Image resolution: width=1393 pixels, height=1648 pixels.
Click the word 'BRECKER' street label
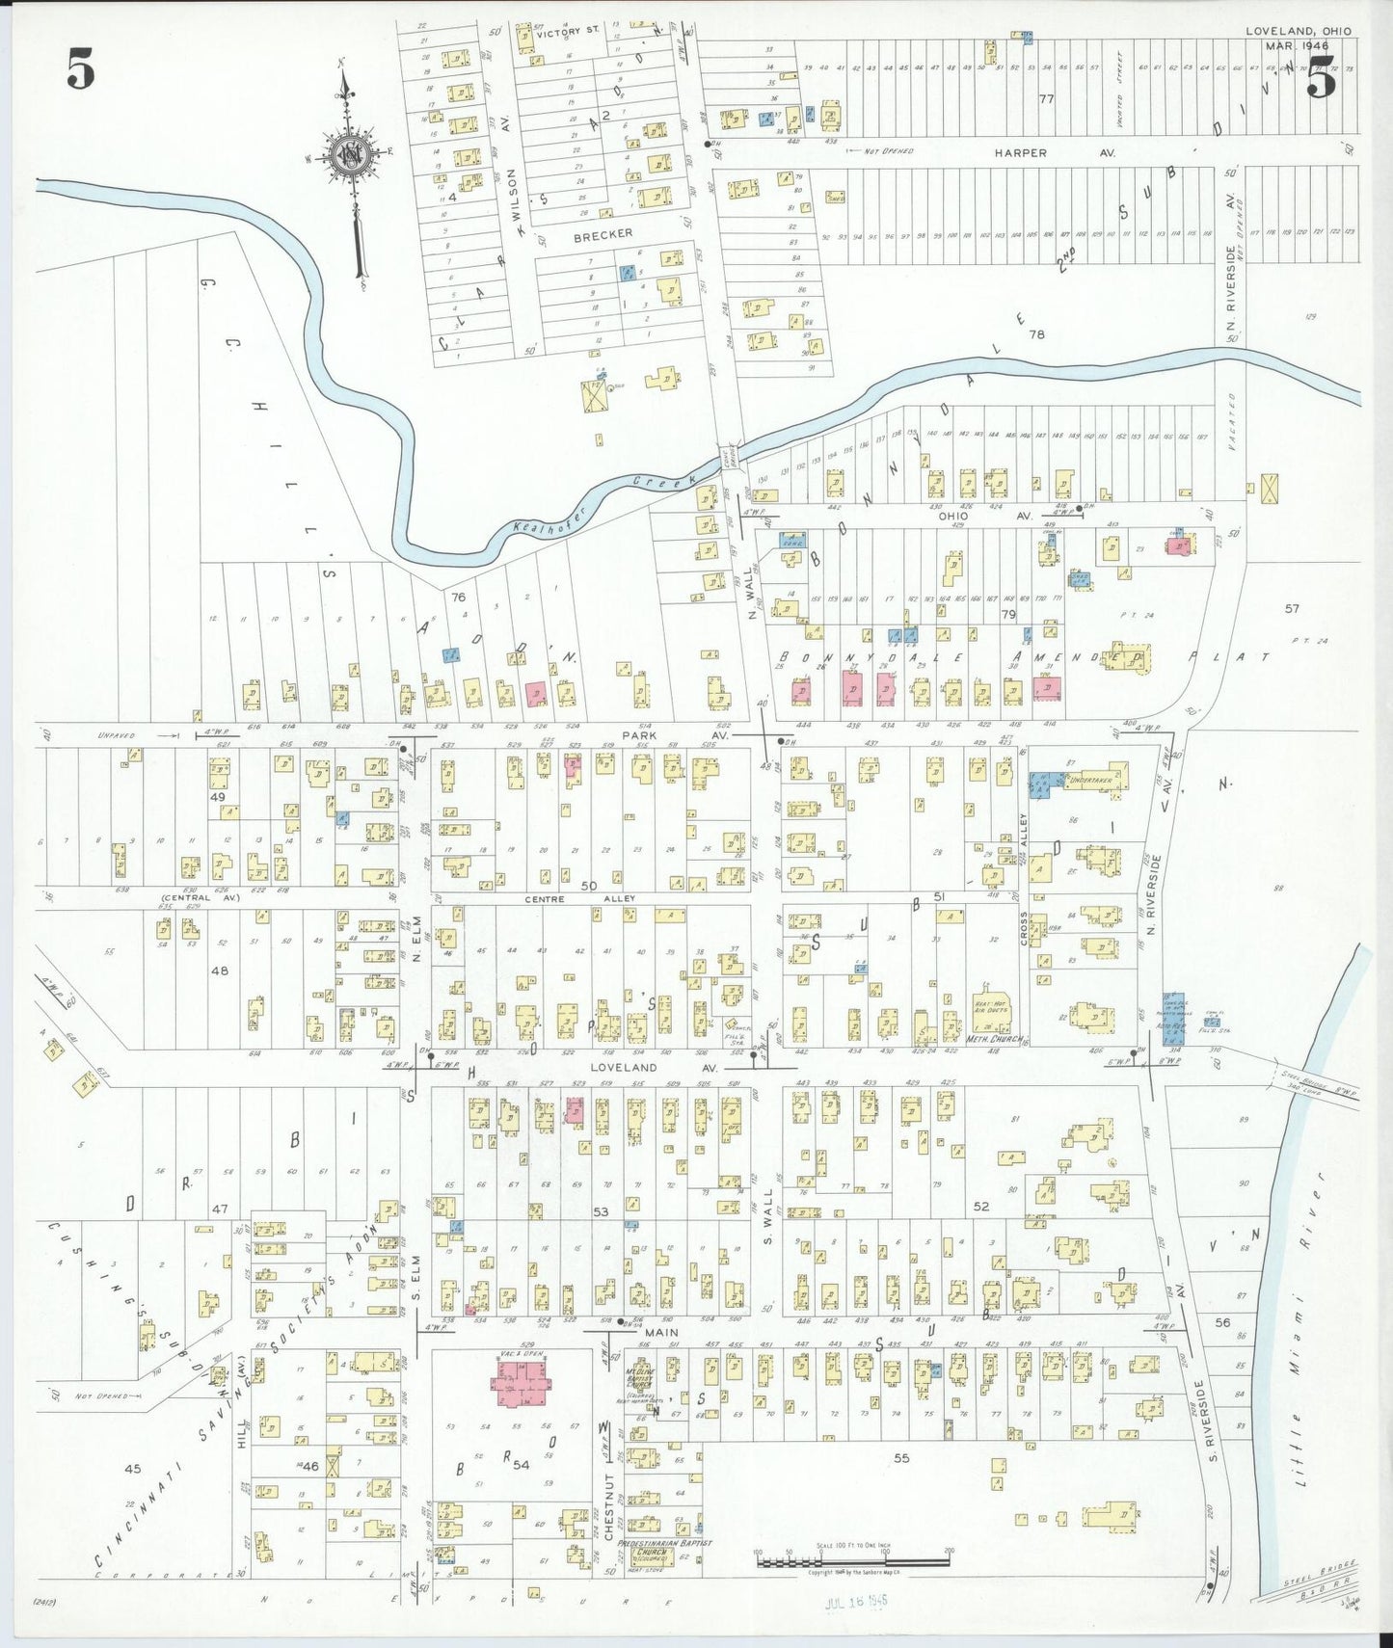click(603, 233)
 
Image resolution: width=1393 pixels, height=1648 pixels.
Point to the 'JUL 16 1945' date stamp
click(856, 1603)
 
